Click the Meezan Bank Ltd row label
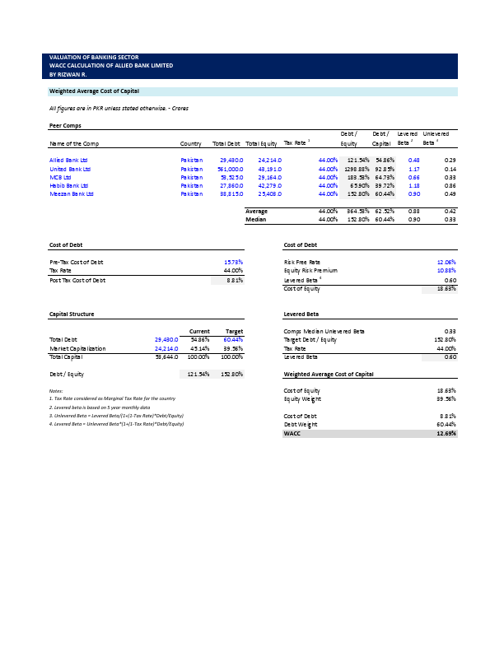click(72, 194)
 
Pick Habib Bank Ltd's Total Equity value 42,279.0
click(269, 186)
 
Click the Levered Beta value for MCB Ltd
click(414, 177)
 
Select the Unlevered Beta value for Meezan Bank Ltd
click(450, 194)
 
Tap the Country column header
click(191, 143)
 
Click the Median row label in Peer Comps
click(256, 220)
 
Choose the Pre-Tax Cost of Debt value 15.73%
click(233, 262)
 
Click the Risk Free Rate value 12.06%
click(446, 262)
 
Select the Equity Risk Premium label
click(310, 271)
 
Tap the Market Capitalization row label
click(77, 348)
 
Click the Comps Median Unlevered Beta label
click(324, 331)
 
